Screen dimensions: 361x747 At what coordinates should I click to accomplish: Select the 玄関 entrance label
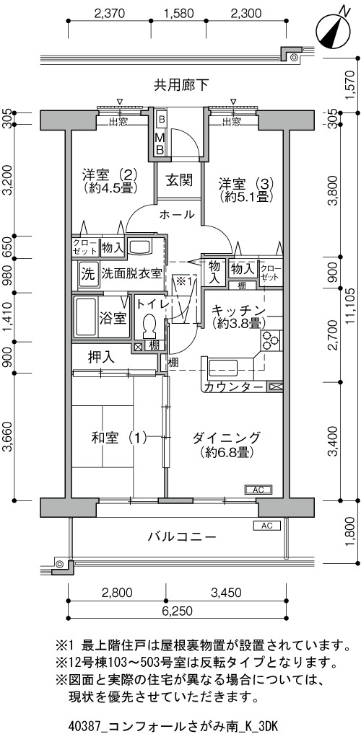[179, 180]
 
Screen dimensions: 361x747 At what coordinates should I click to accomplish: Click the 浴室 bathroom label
[113, 319]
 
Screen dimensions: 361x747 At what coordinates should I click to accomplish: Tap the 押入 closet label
[102, 357]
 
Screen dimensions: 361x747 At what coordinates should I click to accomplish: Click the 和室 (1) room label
[119, 437]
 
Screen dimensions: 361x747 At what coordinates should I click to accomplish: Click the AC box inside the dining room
[258, 490]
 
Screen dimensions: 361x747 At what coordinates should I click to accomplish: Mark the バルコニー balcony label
[182, 537]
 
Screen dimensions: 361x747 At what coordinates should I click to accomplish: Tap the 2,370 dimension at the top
[110, 13]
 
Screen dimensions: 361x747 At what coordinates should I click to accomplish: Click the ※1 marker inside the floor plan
[183, 280]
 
